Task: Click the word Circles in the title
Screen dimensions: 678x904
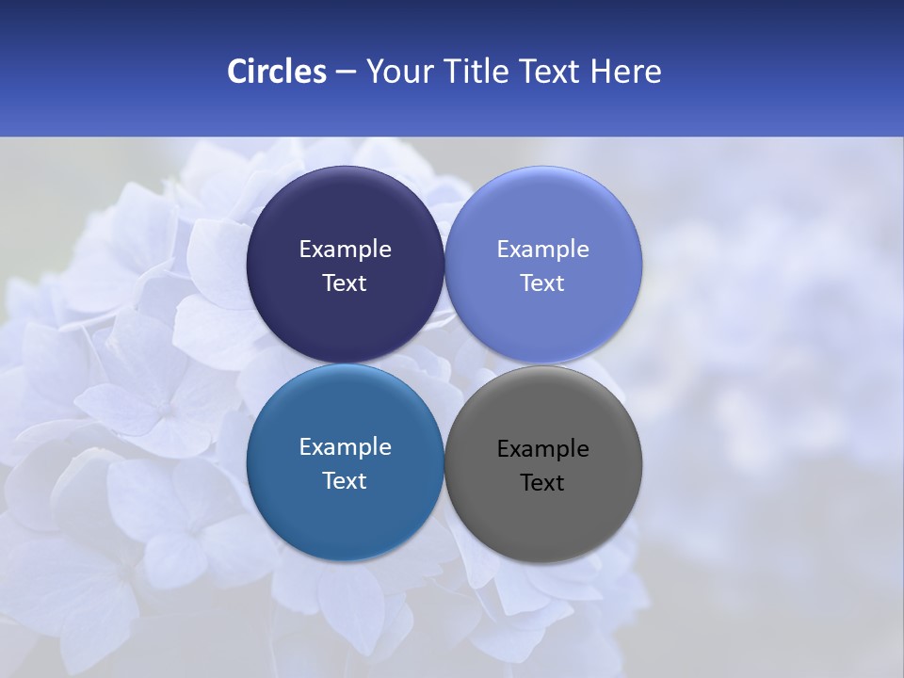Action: coord(277,72)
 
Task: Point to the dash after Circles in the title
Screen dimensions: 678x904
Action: coord(346,73)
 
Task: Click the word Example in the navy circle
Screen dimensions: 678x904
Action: coord(345,250)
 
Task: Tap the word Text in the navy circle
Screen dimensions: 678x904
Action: coord(345,283)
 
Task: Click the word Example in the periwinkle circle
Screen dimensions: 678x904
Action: coord(542,250)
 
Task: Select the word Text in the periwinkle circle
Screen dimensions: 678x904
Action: coord(542,283)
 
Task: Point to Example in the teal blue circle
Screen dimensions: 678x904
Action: coord(345,447)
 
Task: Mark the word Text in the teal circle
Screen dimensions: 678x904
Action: coord(345,481)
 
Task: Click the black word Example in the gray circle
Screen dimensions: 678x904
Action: coord(542,449)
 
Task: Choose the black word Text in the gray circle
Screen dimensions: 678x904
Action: coord(542,483)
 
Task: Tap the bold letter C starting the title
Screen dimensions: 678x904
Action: coord(236,72)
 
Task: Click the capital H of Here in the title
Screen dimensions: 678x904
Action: coord(600,72)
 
